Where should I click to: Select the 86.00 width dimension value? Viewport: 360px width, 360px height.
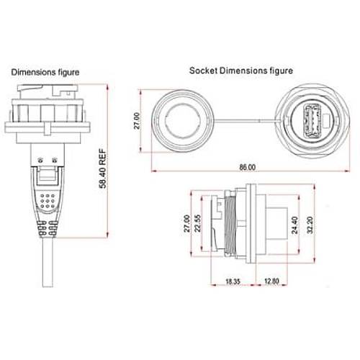click(x=246, y=167)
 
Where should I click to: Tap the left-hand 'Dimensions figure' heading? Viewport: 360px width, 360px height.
click(x=44, y=72)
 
